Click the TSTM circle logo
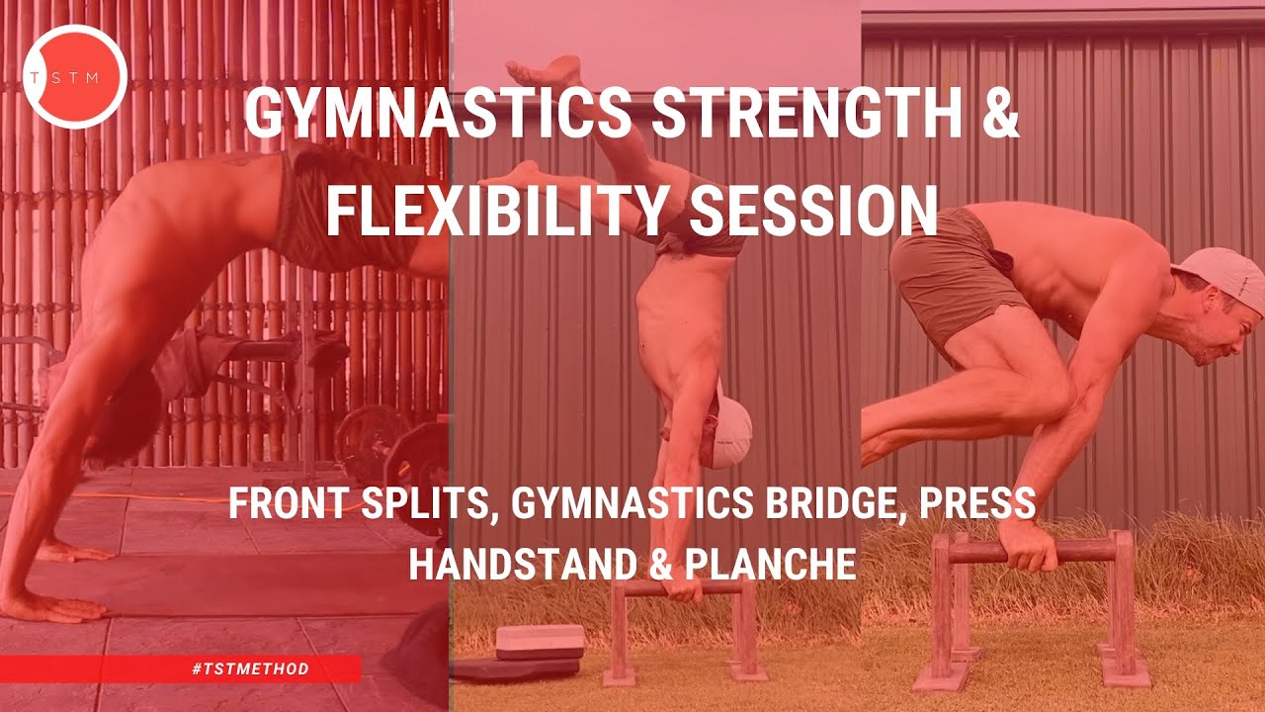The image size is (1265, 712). point(75,76)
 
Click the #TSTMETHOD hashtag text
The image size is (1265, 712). point(251,669)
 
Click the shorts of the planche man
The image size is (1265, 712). point(949,277)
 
